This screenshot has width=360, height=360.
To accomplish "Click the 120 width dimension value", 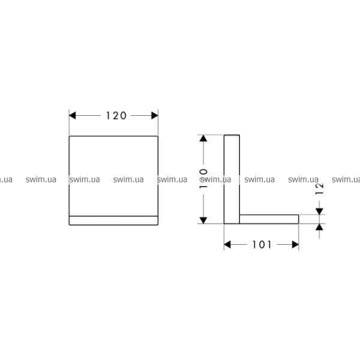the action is [x=116, y=116].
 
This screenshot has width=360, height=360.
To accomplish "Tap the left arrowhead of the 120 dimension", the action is [x=73, y=115].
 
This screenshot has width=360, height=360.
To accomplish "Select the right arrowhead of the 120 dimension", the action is [x=155, y=115].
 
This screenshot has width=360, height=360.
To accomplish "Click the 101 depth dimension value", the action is [x=262, y=245].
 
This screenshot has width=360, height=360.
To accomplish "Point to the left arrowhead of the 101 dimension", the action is [x=227, y=245].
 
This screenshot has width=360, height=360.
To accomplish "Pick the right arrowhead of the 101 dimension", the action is [x=295, y=245].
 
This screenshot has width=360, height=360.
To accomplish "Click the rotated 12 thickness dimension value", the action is [x=319, y=189].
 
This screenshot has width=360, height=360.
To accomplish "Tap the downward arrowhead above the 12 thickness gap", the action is [x=319, y=211].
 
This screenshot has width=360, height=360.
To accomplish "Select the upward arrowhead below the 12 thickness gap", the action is [x=319, y=227].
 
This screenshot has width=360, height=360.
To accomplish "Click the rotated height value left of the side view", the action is [x=203, y=179].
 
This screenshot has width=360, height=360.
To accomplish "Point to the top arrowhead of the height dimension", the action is [x=203, y=138].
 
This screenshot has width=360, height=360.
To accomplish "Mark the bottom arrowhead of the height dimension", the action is [x=203, y=220].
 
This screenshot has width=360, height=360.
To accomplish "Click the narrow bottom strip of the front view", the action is [x=113, y=221].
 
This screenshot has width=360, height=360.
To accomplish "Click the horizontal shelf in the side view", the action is [x=269, y=219].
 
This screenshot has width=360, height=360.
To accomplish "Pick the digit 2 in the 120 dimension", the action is [x=116, y=116].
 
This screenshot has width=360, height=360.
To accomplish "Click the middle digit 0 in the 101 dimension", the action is [x=262, y=245].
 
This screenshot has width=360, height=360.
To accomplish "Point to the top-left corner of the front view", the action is [x=69, y=136].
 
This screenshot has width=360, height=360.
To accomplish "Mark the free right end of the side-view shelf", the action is [x=299, y=219].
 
